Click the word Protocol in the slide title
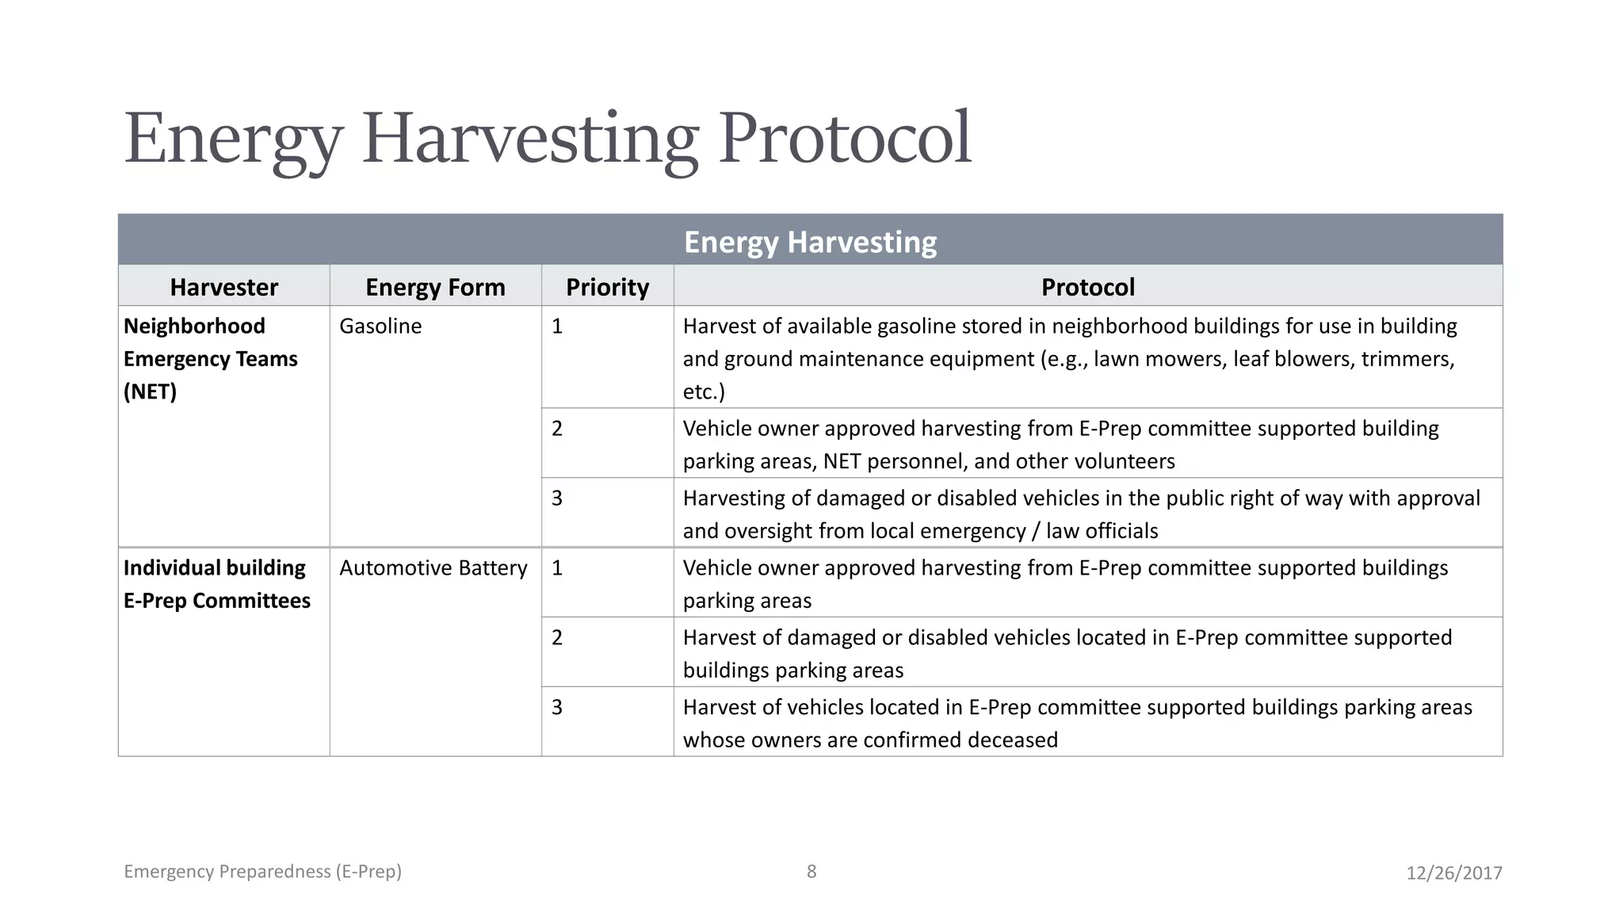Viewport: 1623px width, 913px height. [844, 139]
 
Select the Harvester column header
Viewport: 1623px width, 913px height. [223, 287]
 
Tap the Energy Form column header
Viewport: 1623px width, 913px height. [435, 287]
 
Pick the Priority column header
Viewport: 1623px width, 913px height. [607, 287]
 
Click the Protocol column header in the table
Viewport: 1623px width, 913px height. [1087, 287]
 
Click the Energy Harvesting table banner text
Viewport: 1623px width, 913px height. [810, 242]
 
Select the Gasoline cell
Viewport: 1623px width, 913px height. [380, 327]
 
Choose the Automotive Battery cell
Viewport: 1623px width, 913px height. [433, 568]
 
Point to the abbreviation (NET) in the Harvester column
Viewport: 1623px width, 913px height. [150, 392]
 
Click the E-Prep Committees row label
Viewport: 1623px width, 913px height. [216, 601]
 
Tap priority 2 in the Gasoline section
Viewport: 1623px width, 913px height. [557, 429]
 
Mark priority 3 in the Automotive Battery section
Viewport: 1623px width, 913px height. [557, 708]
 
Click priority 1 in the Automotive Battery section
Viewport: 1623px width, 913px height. [557, 568]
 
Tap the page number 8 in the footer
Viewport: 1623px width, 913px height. [811, 872]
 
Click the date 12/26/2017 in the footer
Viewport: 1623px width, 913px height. [1453, 873]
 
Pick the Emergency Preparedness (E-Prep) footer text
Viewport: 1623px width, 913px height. [262, 872]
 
